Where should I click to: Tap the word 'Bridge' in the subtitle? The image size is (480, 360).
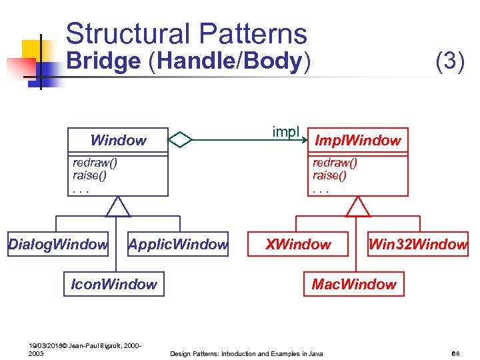point(104,61)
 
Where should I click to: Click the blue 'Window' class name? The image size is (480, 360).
point(118,140)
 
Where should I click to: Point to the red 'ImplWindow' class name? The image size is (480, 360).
point(357,140)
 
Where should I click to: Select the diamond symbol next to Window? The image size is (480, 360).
point(180,139)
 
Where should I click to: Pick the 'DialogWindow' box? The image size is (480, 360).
point(58,245)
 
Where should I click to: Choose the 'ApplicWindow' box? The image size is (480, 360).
point(178,245)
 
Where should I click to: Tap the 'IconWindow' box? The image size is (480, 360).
point(114,284)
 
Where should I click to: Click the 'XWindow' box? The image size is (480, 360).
point(298,245)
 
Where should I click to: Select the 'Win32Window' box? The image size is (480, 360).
point(418,245)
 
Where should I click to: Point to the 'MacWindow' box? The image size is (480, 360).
point(354,284)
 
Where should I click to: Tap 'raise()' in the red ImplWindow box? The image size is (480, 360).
point(329,175)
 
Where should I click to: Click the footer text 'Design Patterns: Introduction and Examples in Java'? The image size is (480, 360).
point(247,353)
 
